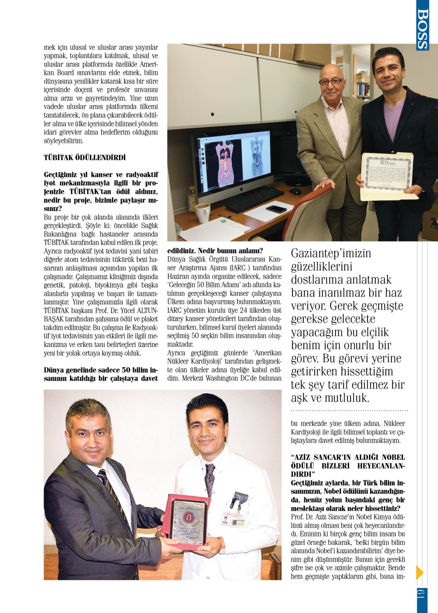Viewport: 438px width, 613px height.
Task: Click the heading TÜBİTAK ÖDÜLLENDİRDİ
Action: point(85,158)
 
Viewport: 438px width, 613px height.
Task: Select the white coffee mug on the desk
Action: point(202,213)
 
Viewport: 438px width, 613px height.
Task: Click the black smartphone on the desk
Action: point(276,209)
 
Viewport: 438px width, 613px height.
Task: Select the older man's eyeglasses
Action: point(331,81)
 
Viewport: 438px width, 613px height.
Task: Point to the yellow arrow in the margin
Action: point(419,572)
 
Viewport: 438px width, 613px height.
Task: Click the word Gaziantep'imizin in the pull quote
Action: point(331,253)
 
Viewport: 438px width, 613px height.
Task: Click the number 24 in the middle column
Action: point(243,311)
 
